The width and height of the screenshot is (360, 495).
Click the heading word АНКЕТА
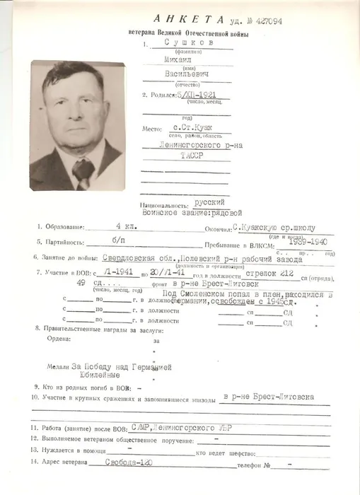186,20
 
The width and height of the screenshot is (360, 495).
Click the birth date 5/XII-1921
195,94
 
